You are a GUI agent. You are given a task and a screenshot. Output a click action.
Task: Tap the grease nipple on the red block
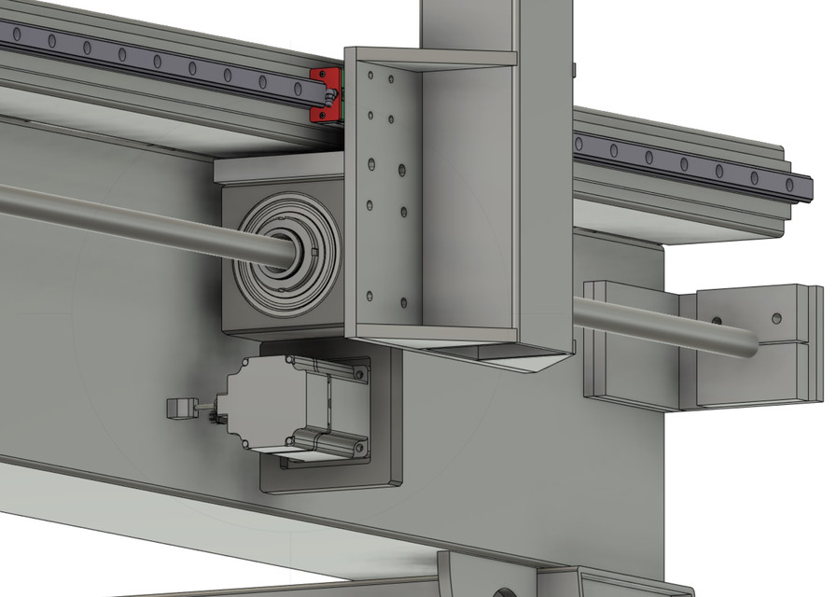[330, 93]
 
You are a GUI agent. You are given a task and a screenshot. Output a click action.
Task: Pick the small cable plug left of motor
[181, 408]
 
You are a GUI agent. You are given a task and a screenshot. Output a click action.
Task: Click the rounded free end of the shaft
[750, 344]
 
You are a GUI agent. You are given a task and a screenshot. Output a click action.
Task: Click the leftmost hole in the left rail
[16, 34]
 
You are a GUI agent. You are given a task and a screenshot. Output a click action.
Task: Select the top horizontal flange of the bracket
[439, 58]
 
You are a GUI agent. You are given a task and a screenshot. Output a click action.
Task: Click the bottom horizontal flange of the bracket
[439, 333]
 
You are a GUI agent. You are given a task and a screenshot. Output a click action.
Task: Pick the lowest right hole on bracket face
[403, 301]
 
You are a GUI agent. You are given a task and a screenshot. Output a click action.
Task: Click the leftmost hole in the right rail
[580, 144]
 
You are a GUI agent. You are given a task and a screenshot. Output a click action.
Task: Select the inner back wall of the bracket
[467, 196]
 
